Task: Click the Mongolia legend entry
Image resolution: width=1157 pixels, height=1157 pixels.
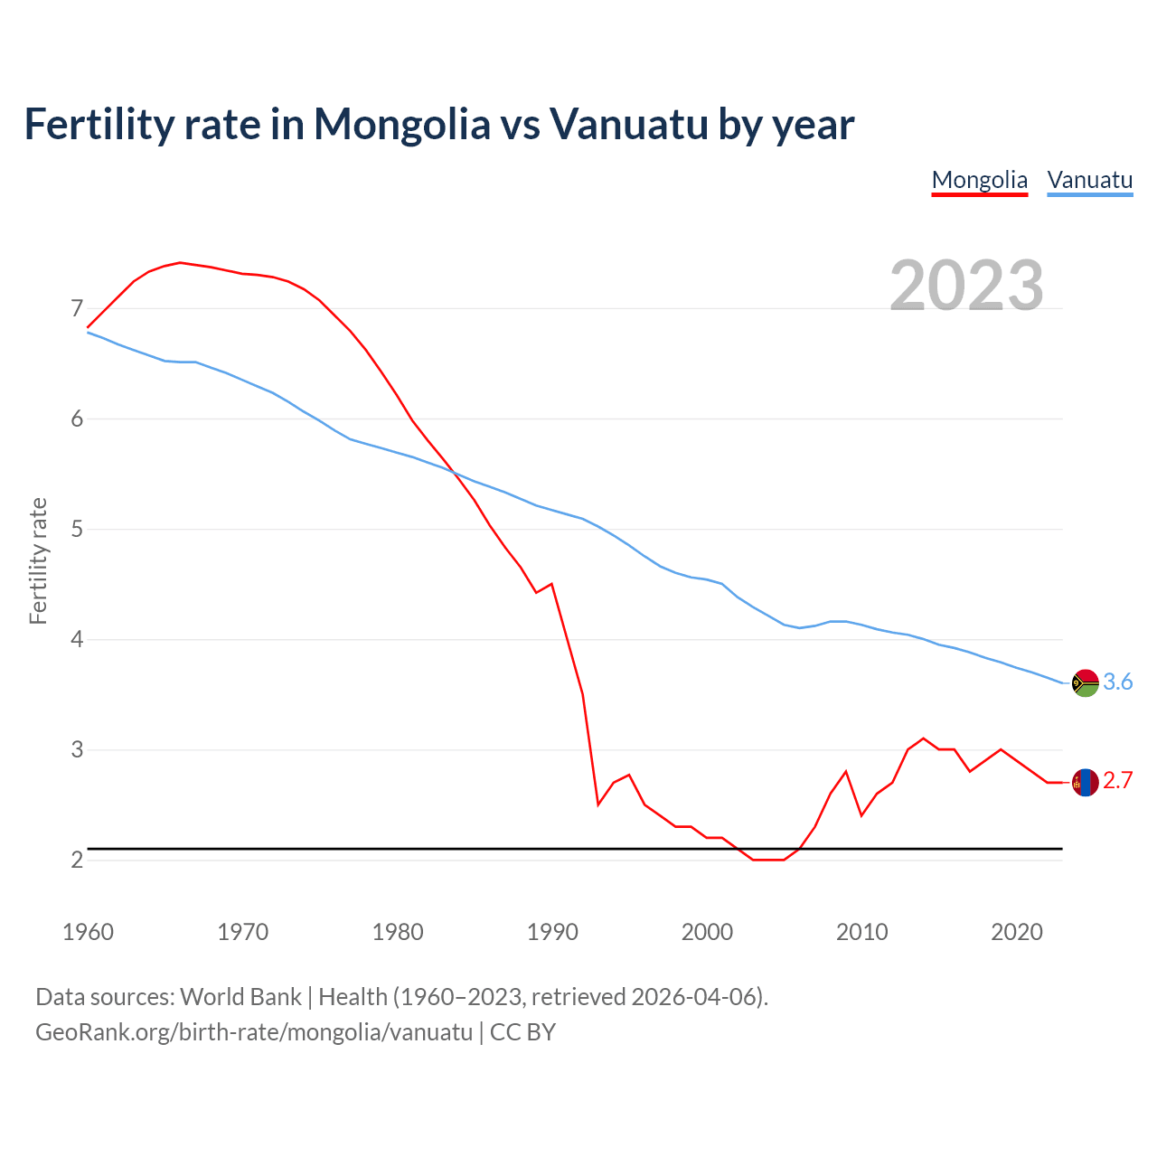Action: (x=979, y=180)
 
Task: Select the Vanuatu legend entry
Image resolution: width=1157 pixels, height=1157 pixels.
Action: (x=1089, y=180)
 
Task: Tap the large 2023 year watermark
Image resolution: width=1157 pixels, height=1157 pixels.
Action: (x=966, y=286)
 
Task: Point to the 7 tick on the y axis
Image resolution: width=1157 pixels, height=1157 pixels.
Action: (x=77, y=309)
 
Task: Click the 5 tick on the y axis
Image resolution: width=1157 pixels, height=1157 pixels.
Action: (x=77, y=529)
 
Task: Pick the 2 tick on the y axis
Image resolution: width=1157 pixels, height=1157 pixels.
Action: (x=77, y=860)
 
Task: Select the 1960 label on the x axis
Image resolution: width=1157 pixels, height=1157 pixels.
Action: (x=88, y=932)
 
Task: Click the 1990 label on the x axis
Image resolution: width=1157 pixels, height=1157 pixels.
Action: (x=552, y=932)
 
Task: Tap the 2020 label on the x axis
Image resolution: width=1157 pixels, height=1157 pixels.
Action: (x=1017, y=932)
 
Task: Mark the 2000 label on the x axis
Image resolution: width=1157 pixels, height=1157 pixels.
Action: (x=707, y=932)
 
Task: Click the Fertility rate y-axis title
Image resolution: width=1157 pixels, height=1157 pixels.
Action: (x=38, y=560)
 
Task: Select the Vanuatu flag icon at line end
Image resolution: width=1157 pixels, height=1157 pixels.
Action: (x=1085, y=682)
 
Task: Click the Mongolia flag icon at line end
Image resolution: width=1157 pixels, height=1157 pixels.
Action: (x=1085, y=782)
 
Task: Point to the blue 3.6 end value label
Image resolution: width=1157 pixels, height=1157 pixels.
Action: (x=1118, y=682)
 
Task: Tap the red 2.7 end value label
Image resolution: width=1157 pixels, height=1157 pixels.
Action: (x=1118, y=781)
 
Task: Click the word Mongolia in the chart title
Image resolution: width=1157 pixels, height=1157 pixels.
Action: (x=401, y=125)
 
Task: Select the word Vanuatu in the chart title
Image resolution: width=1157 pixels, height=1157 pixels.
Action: (x=628, y=125)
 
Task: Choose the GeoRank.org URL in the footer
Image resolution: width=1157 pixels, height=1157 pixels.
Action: (x=254, y=1032)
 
